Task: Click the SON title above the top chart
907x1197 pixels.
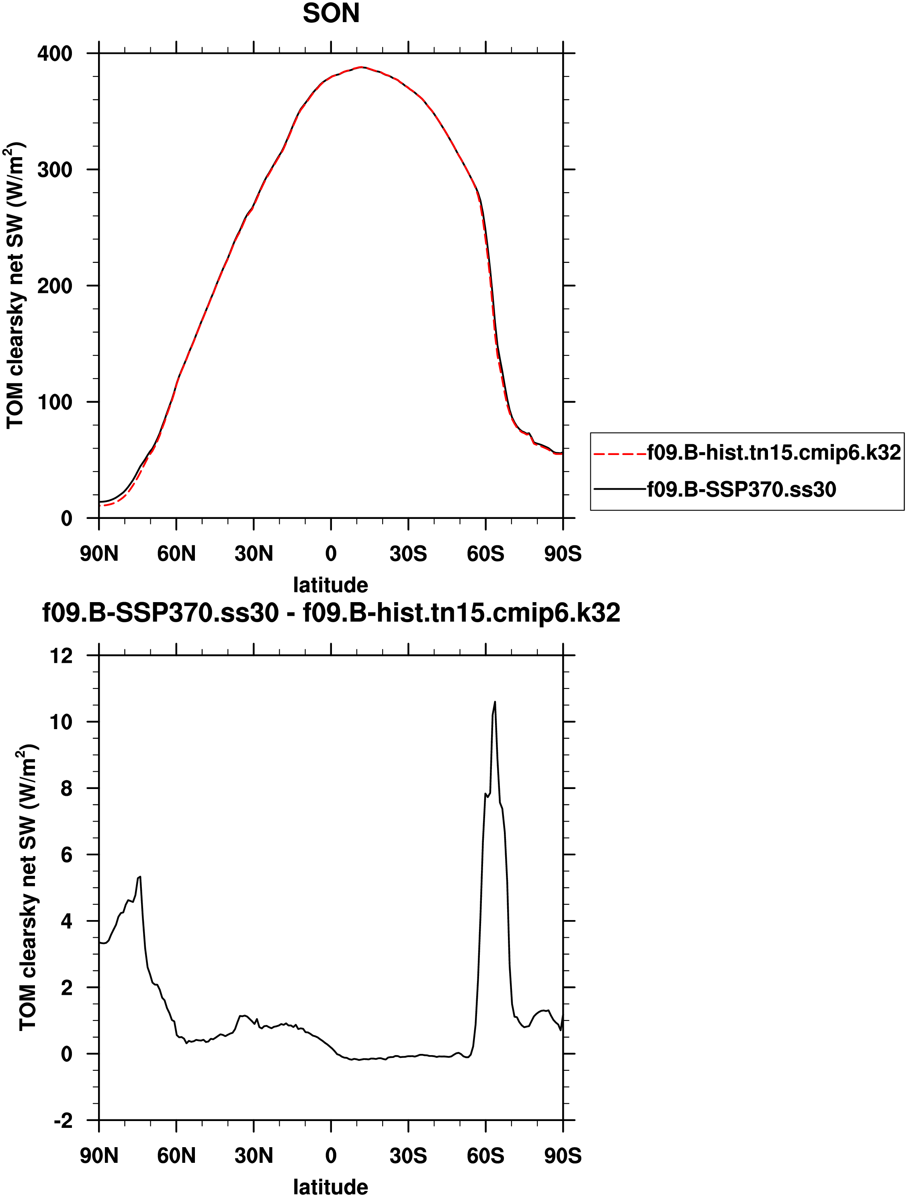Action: [331, 14]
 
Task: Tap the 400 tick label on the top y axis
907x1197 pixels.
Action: [55, 53]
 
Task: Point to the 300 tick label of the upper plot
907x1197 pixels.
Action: [55, 170]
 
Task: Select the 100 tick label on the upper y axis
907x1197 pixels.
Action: [55, 402]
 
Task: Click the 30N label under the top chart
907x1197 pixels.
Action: [253, 553]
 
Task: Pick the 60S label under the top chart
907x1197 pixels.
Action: [485, 553]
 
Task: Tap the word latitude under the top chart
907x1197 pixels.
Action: [331, 585]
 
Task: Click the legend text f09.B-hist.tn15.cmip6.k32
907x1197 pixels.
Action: [774, 453]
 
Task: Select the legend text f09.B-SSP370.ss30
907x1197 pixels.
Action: [741, 489]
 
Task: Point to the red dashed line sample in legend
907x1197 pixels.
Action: [620, 453]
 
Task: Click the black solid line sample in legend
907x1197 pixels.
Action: [620, 489]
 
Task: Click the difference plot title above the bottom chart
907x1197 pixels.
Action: [331, 613]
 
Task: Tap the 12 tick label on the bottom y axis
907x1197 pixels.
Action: [61, 656]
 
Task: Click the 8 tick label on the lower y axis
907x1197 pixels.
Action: [66, 789]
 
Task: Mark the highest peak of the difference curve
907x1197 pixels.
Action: [495, 702]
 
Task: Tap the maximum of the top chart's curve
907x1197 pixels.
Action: [362, 67]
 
